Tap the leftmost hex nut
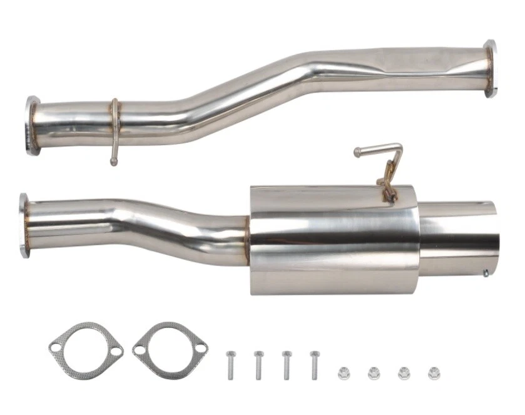pos(344,374)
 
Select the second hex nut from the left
pos(374,374)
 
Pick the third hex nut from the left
pos(404,374)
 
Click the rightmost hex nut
pos(433,374)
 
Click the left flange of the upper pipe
pos(31,125)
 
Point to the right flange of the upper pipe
pos(489,69)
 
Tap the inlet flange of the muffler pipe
pos(24,225)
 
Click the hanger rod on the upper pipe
pos(115,135)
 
